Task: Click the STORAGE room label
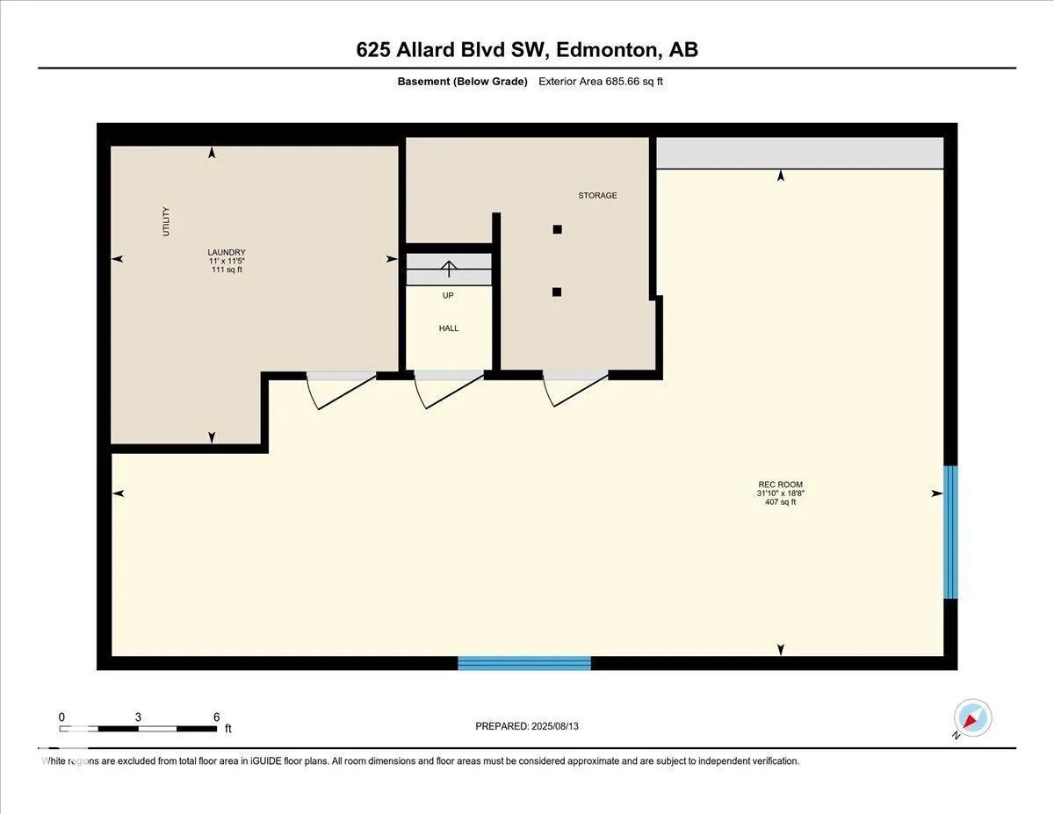[597, 196]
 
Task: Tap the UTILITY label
[166, 221]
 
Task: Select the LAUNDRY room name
[227, 252]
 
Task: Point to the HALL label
[449, 328]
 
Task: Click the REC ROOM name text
[781, 485]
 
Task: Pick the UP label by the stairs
[448, 295]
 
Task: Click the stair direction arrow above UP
[449, 269]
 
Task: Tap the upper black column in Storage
[558, 229]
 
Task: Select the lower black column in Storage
[557, 292]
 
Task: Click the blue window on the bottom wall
[524, 663]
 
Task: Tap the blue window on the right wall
[950, 532]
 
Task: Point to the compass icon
[972, 718]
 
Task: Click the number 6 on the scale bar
[216, 717]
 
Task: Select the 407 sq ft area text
[781, 501]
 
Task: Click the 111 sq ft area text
[227, 270]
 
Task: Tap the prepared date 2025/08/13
[555, 726]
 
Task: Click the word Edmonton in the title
[609, 50]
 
